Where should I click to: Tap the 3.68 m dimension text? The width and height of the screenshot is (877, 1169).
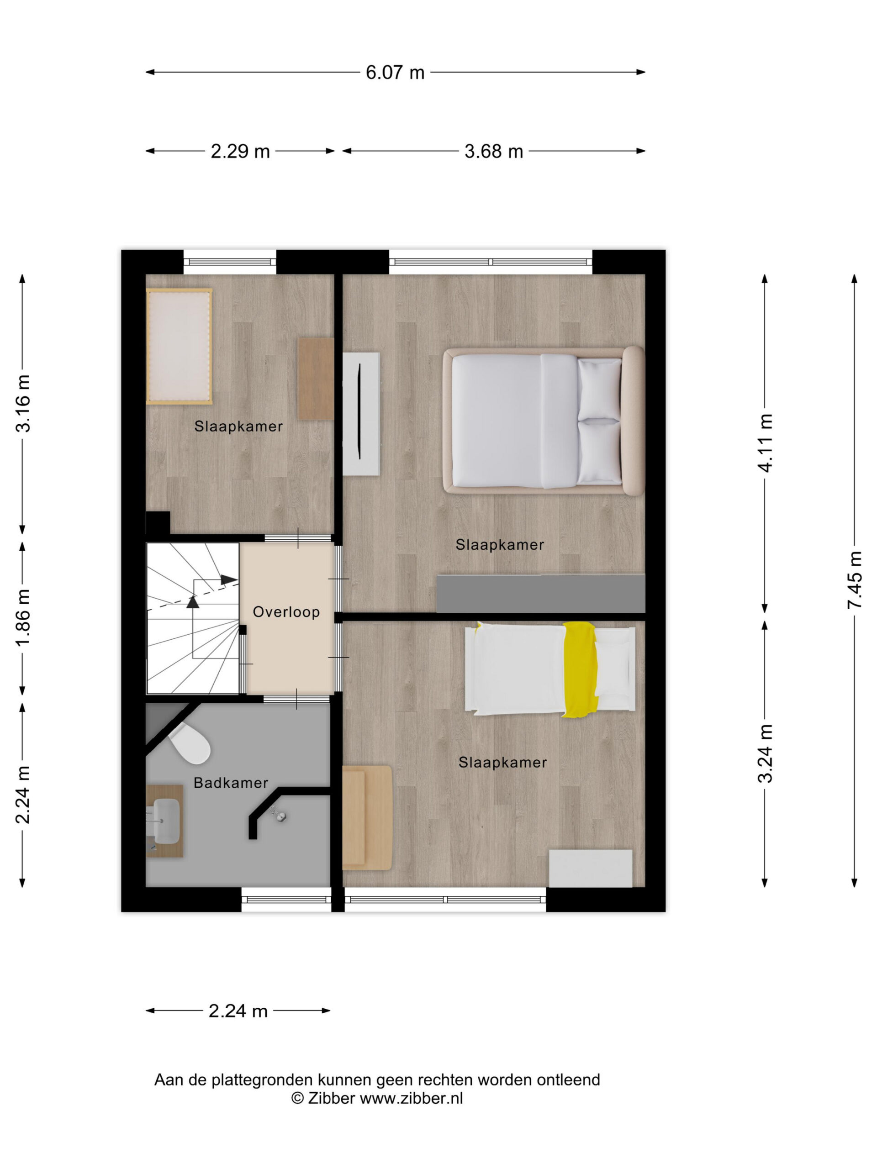pyautogui.click(x=493, y=151)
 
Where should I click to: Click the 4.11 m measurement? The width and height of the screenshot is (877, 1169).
pyautogui.click(x=765, y=442)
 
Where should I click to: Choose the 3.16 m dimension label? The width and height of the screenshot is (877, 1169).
pyautogui.click(x=23, y=403)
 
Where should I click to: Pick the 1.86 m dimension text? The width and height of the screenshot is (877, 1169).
pyautogui.click(x=23, y=617)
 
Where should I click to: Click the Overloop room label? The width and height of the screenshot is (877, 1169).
pyautogui.click(x=286, y=611)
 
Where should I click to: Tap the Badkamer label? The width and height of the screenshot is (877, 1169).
pyautogui.click(x=231, y=782)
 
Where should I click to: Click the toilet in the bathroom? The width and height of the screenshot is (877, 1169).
pyautogui.click(x=189, y=742)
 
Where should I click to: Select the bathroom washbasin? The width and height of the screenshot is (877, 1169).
pyautogui.click(x=165, y=821)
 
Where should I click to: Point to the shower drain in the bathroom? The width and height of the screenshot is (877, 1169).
pyautogui.click(x=281, y=816)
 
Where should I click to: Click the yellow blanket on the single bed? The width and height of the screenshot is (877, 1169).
pyautogui.click(x=581, y=669)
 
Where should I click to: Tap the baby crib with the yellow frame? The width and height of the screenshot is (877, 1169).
pyautogui.click(x=179, y=346)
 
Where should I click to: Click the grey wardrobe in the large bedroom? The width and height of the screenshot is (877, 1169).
pyautogui.click(x=540, y=593)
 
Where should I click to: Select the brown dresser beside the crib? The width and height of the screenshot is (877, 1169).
pyautogui.click(x=316, y=379)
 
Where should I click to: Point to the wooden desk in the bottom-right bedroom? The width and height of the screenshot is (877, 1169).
pyautogui.click(x=367, y=817)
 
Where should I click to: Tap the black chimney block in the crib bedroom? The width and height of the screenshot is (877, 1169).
pyautogui.click(x=158, y=523)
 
